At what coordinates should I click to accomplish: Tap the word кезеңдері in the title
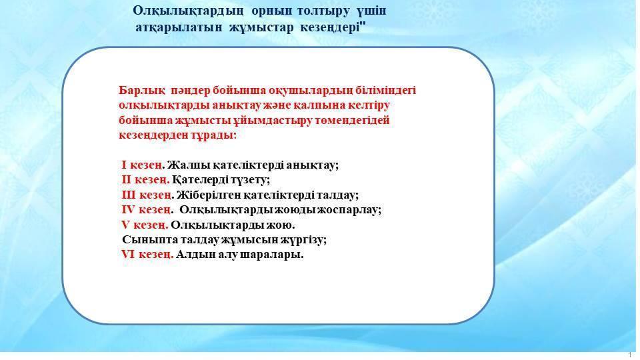[x=332, y=28]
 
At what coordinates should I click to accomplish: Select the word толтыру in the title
[x=324, y=11]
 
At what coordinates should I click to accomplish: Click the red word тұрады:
[x=213, y=135]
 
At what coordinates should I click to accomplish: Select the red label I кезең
[x=141, y=165]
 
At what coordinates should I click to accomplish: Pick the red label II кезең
[x=145, y=180]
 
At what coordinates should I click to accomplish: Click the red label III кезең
[x=146, y=195]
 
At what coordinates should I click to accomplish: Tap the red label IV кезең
[x=146, y=210]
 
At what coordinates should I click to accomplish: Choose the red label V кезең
[x=145, y=225]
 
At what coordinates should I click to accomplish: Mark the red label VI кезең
[x=147, y=255]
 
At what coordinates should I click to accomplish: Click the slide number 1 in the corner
[x=631, y=355]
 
